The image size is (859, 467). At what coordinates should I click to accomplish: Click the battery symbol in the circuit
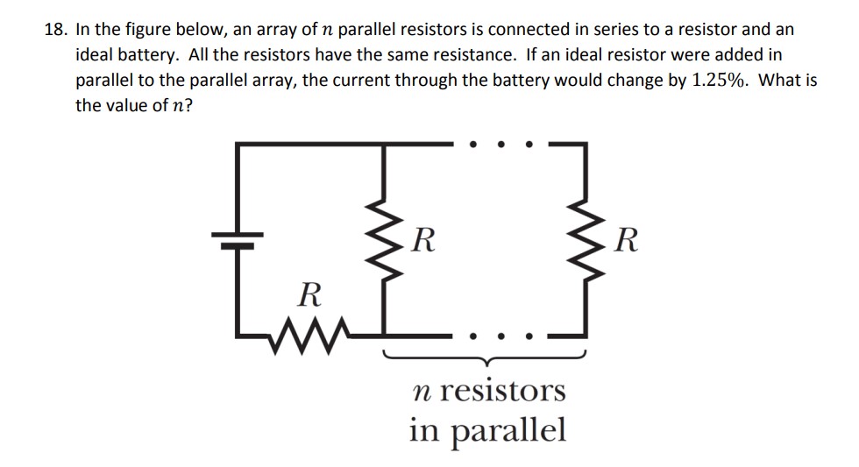[x=236, y=239]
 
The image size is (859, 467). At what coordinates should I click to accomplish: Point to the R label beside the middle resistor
[x=424, y=238]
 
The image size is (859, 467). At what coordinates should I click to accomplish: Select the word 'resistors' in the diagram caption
[x=502, y=390]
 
